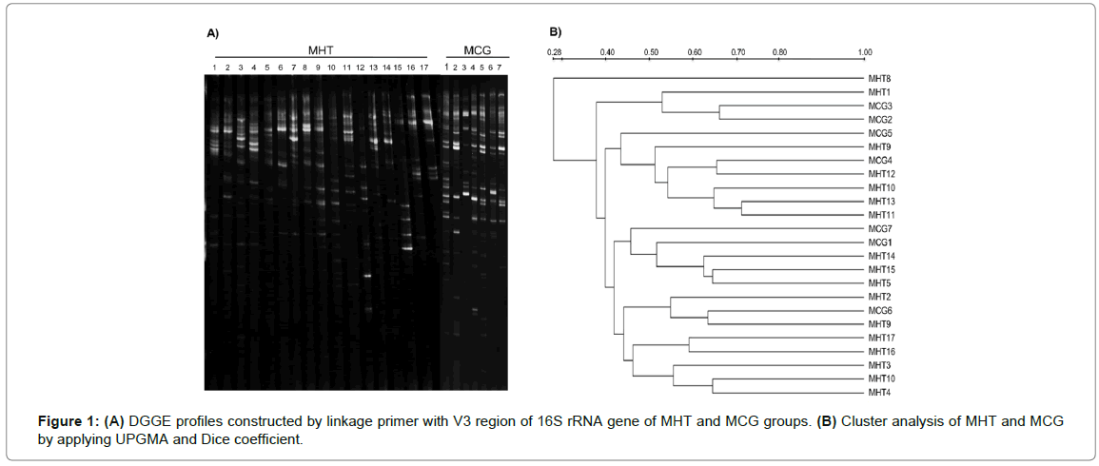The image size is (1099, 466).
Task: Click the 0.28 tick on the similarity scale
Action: tap(555, 51)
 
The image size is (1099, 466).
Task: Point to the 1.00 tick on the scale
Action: tap(865, 51)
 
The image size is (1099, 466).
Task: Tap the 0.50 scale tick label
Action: tap(652, 51)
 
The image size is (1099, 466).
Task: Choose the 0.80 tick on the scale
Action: tap(779, 51)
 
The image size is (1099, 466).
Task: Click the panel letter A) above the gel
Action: tap(213, 33)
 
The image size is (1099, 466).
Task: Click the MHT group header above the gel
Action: tap(321, 49)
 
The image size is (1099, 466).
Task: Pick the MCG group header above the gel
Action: tap(478, 49)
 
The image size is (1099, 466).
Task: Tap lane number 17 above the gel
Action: tap(423, 68)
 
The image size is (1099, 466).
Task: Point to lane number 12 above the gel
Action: tap(361, 68)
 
